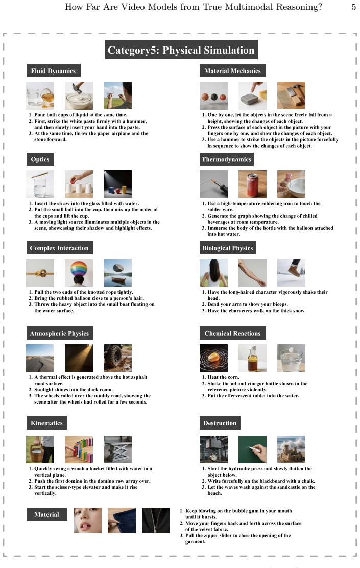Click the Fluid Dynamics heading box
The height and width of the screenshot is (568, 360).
[53, 70]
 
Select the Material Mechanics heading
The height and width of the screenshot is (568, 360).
[232, 70]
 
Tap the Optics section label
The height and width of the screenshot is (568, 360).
[40, 159]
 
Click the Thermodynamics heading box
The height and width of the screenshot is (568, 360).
[226, 159]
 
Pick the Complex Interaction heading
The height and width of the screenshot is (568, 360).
[59, 248]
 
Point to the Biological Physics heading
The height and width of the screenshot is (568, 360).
[228, 248]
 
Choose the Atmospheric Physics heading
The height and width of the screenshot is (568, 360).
[59, 333]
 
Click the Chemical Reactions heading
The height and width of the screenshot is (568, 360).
[232, 333]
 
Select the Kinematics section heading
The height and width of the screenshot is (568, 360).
[46, 423]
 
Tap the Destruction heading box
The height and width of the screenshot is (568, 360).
[220, 423]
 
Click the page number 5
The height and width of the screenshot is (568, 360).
[353, 7]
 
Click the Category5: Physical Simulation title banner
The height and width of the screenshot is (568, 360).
[181, 50]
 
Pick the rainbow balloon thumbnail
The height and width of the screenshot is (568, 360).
[79, 273]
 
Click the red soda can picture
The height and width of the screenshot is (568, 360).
[252, 184]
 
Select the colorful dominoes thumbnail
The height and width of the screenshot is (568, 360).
[79, 449]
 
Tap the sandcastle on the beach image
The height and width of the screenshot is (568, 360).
[291, 449]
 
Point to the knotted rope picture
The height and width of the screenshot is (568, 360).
[40, 273]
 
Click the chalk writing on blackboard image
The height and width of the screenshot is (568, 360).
[252, 449]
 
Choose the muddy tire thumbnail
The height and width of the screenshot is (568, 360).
[118, 358]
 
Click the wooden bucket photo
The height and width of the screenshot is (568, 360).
[40, 449]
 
